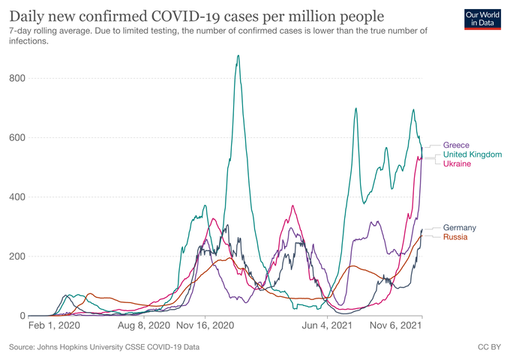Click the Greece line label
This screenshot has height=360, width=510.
click(x=456, y=145)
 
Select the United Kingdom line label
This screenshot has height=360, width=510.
click(x=472, y=154)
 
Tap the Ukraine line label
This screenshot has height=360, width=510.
click(x=457, y=164)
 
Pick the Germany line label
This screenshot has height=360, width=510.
click(x=459, y=227)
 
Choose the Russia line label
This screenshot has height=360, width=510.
click(x=455, y=237)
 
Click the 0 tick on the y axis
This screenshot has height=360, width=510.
click(x=22, y=316)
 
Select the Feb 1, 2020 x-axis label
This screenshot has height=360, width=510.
click(x=52, y=327)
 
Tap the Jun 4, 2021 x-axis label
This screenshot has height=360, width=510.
click(x=327, y=327)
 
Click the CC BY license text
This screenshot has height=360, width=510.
click(x=489, y=347)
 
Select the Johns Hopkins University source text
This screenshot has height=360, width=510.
click(x=105, y=347)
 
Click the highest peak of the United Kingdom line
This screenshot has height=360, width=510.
click(x=238, y=55)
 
